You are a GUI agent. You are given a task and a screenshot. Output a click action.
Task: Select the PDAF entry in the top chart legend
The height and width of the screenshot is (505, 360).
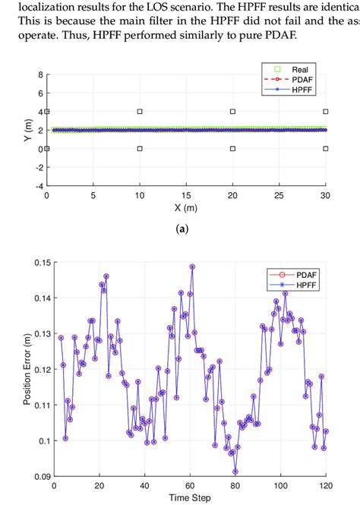305,89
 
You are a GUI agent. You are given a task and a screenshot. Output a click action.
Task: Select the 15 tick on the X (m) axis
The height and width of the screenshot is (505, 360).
186,195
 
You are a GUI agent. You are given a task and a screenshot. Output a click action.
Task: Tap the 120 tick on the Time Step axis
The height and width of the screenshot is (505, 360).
325,485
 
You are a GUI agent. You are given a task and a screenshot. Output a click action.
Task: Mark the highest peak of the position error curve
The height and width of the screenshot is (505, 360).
192,267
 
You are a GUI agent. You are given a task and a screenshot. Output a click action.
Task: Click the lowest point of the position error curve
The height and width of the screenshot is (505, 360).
236,470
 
